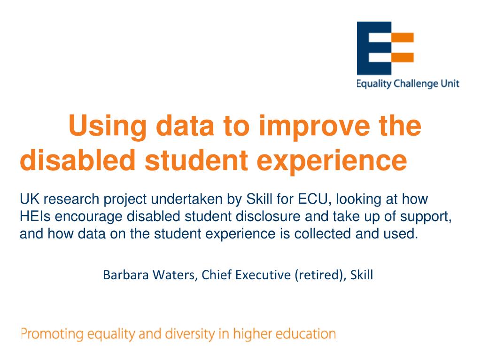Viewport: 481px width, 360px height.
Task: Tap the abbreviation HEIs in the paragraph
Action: (x=35, y=216)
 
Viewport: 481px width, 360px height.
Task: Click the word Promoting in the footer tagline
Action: (x=52, y=334)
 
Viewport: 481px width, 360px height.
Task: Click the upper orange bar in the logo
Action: (x=403, y=38)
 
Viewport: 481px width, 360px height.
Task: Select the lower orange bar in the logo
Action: (x=403, y=57)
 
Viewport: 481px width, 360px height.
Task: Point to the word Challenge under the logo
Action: (x=416, y=84)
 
